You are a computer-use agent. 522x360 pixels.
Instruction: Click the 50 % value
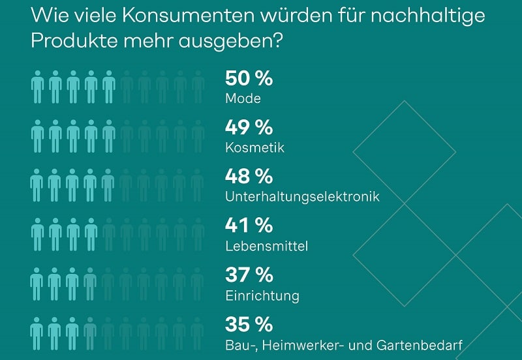(x=249, y=79)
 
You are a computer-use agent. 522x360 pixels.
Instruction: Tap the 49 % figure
(x=249, y=128)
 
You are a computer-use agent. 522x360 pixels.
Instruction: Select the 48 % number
(x=249, y=177)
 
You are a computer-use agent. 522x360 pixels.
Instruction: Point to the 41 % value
(x=249, y=226)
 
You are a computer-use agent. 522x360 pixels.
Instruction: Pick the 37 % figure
(x=249, y=275)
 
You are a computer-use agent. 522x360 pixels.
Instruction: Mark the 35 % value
(x=249, y=324)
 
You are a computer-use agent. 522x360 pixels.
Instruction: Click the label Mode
(x=243, y=99)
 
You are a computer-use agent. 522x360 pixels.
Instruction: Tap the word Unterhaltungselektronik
(x=302, y=197)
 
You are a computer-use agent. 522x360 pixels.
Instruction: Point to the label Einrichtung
(x=262, y=295)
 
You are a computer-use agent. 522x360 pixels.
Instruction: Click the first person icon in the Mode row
(x=37, y=87)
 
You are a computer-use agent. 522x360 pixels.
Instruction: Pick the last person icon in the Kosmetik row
(x=198, y=136)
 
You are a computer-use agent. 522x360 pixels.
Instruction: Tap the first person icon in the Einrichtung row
(x=37, y=283)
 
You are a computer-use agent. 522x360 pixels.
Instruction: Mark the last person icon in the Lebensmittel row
(x=198, y=234)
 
